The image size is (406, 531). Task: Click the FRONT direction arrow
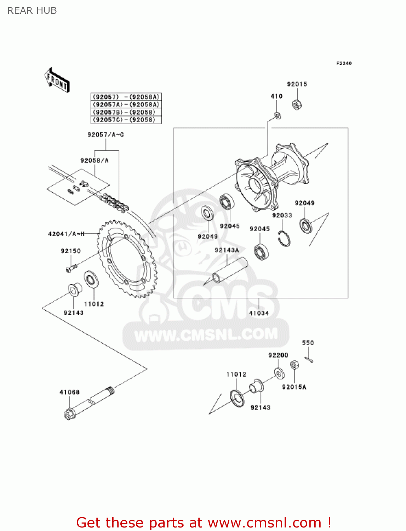[x=57, y=80]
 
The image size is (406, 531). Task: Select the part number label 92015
[x=297, y=84]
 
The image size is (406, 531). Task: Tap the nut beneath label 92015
[x=297, y=104]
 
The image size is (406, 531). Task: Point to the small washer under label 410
[x=278, y=115]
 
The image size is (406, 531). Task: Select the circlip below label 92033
[x=284, y=238]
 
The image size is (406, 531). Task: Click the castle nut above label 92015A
[x=294, y=365]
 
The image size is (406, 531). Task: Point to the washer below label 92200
[x=279, y=372]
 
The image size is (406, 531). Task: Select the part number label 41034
[x=259, y=313]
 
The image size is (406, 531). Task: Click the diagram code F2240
[x=344, y=63]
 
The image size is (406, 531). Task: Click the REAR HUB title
[x=32, y=11]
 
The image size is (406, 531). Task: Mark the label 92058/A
[x=95, y=161]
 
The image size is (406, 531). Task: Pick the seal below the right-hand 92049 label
[x=306, y=226]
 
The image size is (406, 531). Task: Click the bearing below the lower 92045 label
[x=261, y=252]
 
